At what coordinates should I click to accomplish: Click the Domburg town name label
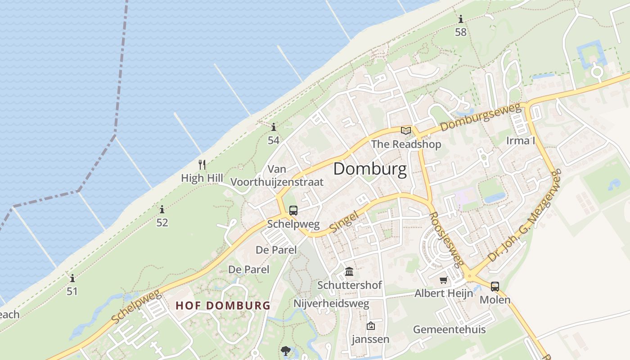coord(370,169)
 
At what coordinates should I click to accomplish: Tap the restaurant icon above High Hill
coord(202,165)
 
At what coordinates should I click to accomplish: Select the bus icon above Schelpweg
coord(293,210)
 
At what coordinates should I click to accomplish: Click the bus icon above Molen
coord(495,286)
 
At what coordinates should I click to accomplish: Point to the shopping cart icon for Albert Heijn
coord(444,280)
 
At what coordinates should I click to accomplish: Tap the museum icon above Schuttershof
coord(349,271)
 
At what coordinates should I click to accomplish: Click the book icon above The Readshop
coord(406,130)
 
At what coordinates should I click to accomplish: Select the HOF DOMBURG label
coord(223,306)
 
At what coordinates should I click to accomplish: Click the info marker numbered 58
coord(460,19)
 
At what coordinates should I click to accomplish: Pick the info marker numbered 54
coord(273,127)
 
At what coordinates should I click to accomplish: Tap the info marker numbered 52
coord(162,209)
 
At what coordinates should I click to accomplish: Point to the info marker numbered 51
coord(72,278)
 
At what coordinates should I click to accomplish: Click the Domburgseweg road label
coord(480,117)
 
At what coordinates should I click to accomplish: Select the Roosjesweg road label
coord(446,240)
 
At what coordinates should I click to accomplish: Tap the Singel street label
coord(344,222)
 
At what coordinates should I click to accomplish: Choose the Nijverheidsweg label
coord(331,303)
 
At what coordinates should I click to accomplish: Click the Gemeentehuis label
coord(449,329)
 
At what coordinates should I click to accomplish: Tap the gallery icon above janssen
coord(370,326)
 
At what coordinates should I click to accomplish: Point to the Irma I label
coord(521,140)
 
